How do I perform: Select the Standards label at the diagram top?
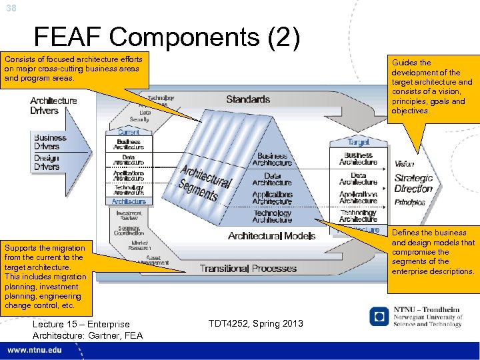(x=247, y=99)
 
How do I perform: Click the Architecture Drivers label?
(x=53, y=105)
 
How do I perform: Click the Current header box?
(x=129, y=132)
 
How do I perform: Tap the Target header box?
(x=358, y=142)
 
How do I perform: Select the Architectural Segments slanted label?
(x=207, y=182)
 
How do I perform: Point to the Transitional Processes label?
(x=248, y=268)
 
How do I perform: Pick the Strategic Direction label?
(x=413, y=183)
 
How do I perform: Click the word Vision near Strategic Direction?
(x=404, y=164)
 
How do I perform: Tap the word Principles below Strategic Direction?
(x=409, y=202)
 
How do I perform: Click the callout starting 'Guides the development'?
(x=432, y=87)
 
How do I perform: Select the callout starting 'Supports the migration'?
(x=45, y=276)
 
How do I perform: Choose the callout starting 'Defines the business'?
(x=433, y=252)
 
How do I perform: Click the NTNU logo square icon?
(x=379, y=316)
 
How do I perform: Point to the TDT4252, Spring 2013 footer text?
(x=255, y=323)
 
